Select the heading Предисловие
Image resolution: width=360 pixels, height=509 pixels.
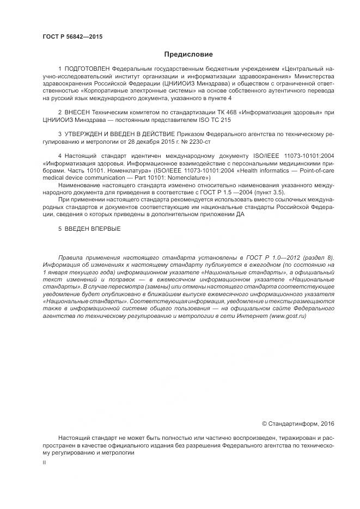[188, 54]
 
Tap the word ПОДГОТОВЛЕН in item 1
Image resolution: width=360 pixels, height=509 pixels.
[88, 69]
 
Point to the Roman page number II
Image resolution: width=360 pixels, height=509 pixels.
[45, 462]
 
